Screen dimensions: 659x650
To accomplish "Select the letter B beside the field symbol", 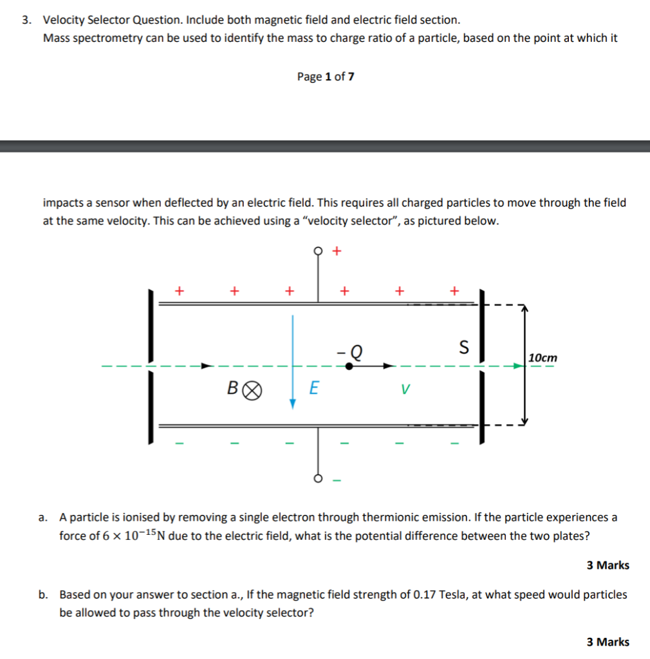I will [233, 388].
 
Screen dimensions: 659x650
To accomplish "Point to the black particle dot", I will [349, 366].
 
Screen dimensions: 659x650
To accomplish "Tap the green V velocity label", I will [404, 389].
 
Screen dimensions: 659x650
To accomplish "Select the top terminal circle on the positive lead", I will [318, 251].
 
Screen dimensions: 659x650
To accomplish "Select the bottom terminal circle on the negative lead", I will [318, 478].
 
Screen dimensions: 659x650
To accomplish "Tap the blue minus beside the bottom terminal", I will [337, 479].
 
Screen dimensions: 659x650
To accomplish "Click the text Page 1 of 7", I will [326, 77].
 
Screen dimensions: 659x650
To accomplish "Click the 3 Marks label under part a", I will [608, 565].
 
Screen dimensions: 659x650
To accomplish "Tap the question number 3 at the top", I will [26, 20].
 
